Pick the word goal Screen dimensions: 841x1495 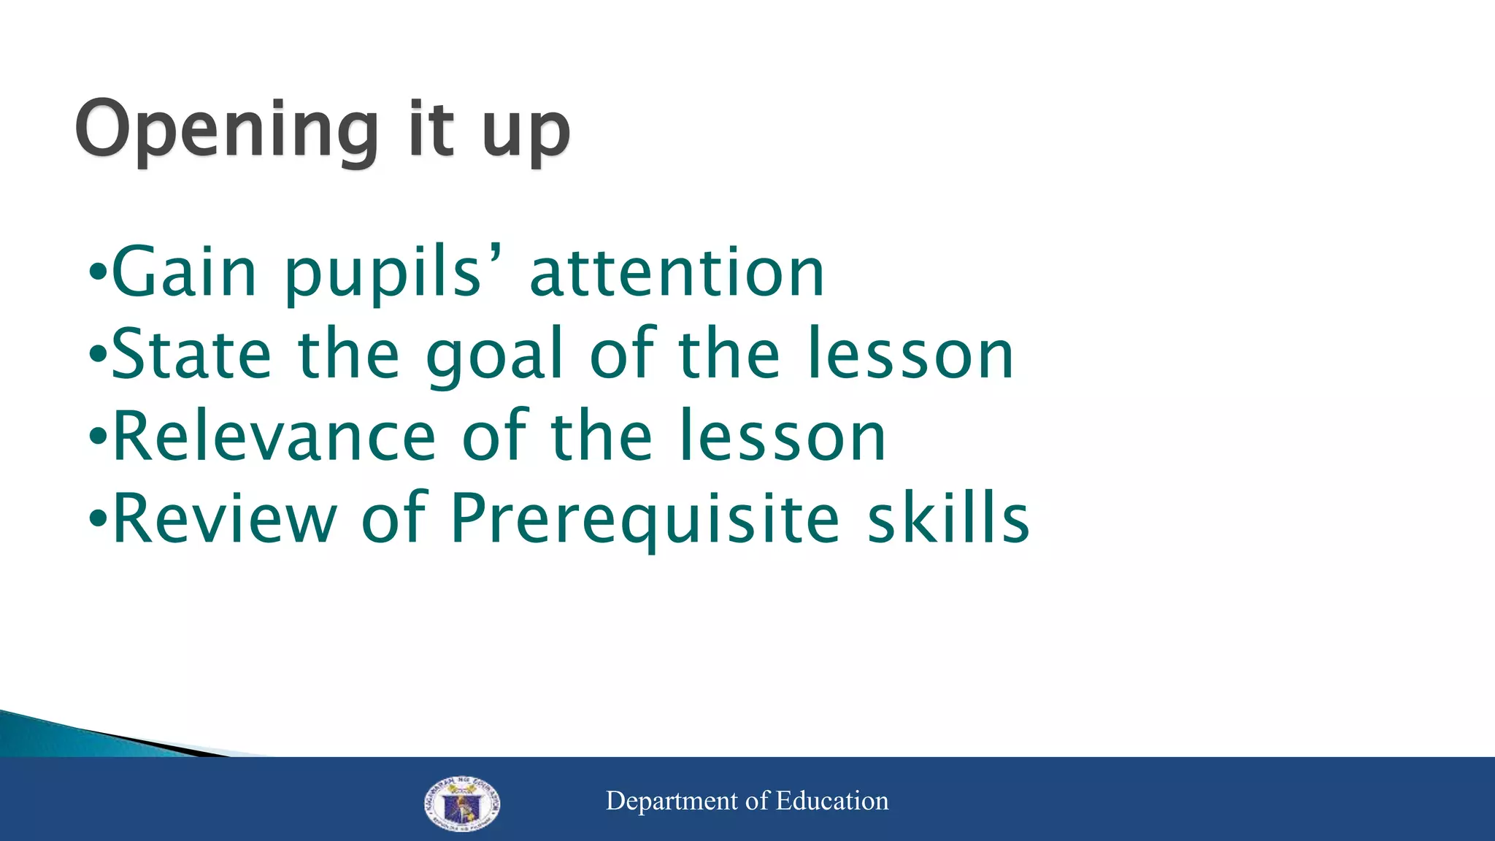[495, 358]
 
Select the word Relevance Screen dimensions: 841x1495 [274, 437]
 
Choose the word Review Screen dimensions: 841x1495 [225, 518]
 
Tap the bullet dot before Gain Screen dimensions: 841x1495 [97, 275]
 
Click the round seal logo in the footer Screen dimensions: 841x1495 [462, 804]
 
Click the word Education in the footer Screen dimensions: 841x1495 [832, 801]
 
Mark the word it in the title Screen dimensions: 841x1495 [431, 130]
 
